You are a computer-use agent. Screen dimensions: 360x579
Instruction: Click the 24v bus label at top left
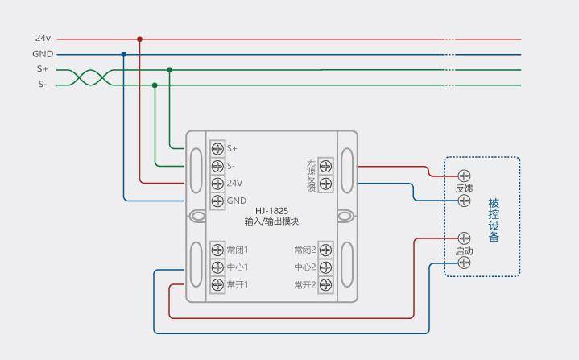pos(43,39)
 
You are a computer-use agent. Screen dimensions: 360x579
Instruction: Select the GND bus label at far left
pos(43,54)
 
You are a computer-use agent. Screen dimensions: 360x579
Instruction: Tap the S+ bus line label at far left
pos(42,69)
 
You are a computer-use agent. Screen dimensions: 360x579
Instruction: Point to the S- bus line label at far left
pos(42,85)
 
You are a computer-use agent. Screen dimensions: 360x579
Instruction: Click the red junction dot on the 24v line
pos(139,39)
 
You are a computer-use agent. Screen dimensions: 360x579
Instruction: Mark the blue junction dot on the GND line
pos(123,54)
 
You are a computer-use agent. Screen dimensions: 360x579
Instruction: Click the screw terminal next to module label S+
pos(217,148)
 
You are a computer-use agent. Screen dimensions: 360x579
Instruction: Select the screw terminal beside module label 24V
pos(217,184)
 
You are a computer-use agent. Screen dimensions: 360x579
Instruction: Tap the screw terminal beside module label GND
pos(217,201)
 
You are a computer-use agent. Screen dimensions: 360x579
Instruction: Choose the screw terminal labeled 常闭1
pos(217,250)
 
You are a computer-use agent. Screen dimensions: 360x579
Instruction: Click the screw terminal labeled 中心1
pos(217,267)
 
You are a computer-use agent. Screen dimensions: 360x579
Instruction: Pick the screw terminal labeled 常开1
pos(217,285)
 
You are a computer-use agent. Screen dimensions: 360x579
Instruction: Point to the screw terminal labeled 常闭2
pos(325,250)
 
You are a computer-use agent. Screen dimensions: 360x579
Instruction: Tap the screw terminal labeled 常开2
pos(325,285)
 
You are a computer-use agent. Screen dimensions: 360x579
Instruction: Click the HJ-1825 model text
pos(271,211)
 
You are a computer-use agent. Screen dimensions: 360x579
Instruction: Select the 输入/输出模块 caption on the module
pos(271,221)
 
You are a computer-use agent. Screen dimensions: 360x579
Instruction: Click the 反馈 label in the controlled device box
pos(464,188)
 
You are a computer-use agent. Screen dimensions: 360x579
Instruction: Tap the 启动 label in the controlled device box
pos(464,251)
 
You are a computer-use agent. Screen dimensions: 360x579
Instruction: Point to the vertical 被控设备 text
pos(494,220)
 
